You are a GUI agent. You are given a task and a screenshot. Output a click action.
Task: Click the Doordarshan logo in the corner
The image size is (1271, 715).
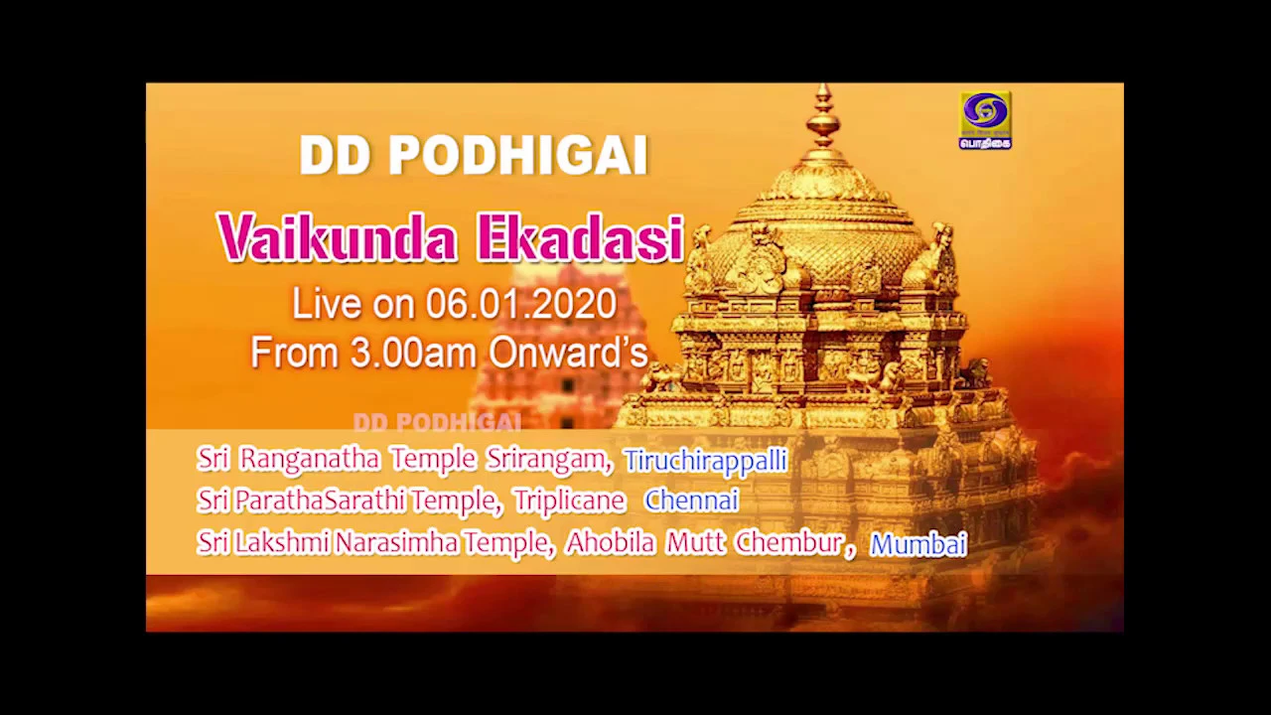[985, 120]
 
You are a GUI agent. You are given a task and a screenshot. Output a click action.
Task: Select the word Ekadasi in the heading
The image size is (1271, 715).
[581, 238]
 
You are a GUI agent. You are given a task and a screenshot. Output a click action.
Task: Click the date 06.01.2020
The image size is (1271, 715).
[521, 304]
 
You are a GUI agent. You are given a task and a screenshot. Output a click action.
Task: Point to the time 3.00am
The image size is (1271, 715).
[413, 353]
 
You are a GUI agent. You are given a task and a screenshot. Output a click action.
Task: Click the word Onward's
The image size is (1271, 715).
[569, 353]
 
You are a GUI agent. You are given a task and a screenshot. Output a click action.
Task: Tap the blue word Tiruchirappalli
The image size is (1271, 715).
[706, 461]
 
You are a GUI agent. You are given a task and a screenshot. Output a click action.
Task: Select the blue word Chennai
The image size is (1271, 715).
[692, 500]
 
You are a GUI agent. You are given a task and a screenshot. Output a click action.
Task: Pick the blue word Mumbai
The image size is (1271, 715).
[918, 544]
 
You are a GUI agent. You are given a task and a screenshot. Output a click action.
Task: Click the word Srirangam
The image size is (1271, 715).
[550, 460]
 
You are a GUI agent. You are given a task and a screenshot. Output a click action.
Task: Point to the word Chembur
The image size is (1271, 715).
[795, 543]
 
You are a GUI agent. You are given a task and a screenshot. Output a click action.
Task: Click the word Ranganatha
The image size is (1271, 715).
[310, 459]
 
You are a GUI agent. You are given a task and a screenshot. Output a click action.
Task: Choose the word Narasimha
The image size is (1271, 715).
[396, 543]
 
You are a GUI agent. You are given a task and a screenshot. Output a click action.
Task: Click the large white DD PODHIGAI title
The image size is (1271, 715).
[474, 155]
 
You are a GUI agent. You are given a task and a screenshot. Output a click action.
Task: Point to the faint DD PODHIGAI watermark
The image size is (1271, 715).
[437, 422]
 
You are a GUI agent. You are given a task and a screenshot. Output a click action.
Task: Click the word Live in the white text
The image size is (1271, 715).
[327, 304]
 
